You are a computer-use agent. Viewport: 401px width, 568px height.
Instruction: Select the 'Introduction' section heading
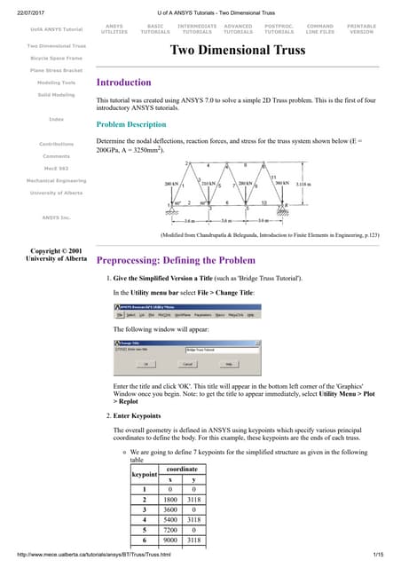point(130,83)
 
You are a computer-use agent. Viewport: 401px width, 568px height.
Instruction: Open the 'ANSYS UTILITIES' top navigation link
point(114,30)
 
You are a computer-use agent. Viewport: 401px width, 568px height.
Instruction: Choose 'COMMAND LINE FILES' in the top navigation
point(319,30)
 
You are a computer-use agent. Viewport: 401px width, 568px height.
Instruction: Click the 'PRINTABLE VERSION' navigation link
point(361,30)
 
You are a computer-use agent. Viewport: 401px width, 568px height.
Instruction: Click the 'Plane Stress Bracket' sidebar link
point(56,68)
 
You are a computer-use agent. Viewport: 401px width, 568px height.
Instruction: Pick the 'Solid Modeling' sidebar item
point(56,93)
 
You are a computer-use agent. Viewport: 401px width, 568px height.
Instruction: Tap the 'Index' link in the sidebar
point(56,118)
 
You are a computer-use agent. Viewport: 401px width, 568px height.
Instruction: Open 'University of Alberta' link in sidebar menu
point(56,193)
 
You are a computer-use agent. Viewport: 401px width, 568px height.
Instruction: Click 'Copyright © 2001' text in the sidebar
point(56,227)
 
